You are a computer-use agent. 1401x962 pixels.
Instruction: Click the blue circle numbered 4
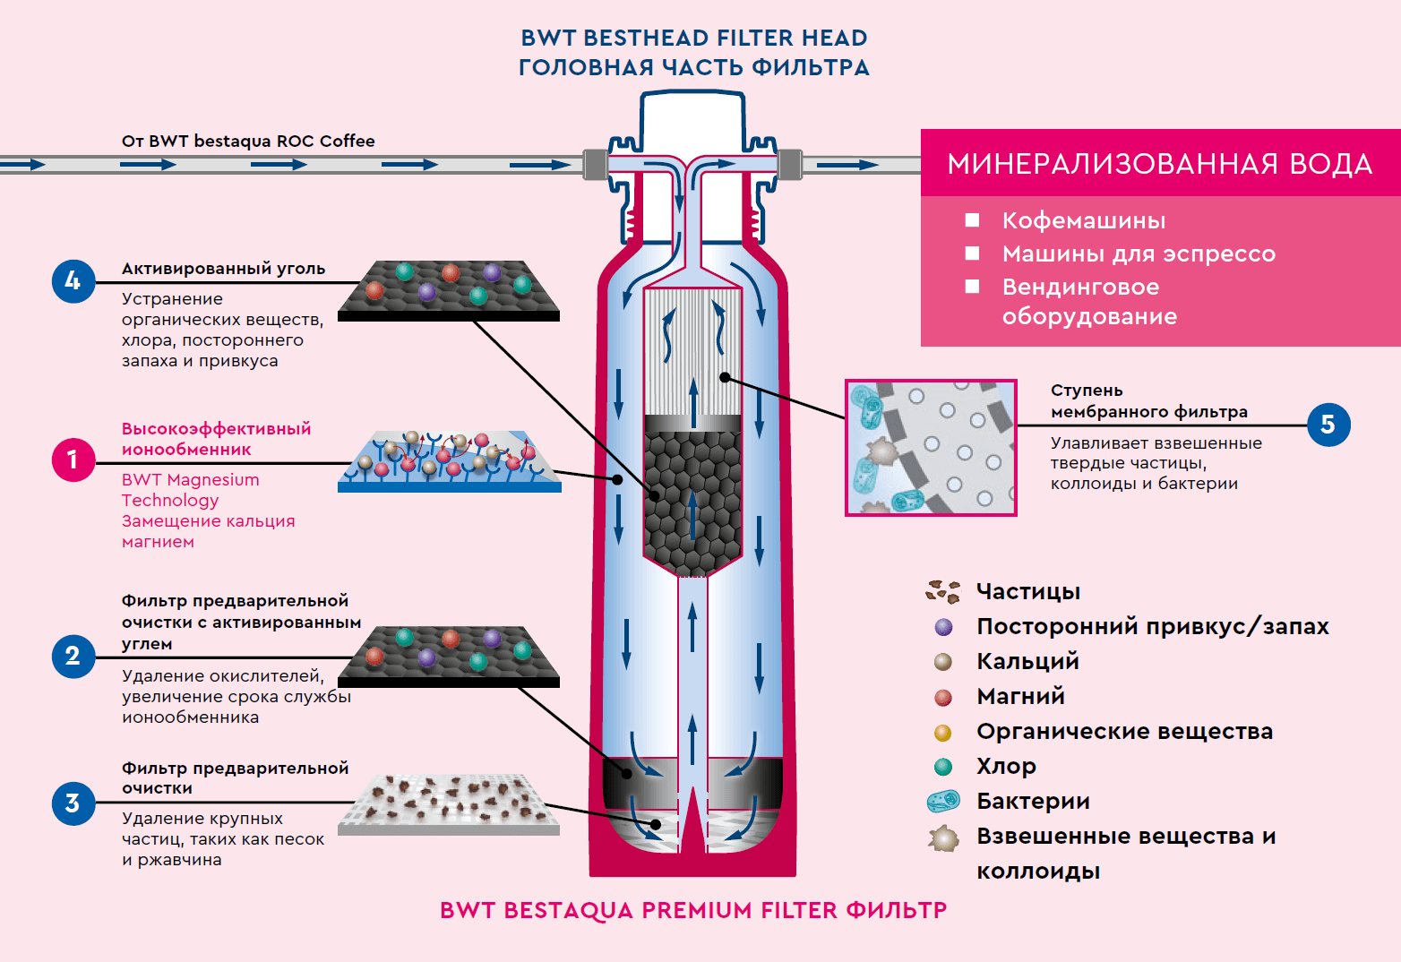click(x=73, y=281)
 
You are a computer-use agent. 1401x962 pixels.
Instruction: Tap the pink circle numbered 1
click(x=73, y=460)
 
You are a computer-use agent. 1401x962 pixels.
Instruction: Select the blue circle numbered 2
click(x=73, y=656)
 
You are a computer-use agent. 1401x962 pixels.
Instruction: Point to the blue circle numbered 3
click(x=73, y=803)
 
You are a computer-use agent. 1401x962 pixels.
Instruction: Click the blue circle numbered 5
click(x=1328, y=425)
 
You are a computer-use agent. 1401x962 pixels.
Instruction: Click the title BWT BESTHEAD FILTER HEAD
click(x=694, y=38)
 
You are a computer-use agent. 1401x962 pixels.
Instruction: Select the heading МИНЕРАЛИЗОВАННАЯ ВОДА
click(x=1160, y=164)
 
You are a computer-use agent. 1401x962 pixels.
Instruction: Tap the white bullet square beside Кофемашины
click(x=972, y=220)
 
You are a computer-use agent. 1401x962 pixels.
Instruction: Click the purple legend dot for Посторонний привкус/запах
click(x=943, y=627)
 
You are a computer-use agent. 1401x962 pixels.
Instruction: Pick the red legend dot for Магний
click(x=943, y=697)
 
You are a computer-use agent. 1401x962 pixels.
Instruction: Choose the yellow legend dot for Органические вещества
click(x=943, y=733)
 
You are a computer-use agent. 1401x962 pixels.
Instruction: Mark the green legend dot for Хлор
click(x=943, y=767)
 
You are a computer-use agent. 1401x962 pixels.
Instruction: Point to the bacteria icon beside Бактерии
click(x=943, y=801)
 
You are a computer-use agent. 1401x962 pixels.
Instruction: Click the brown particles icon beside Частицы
click(x=943, y=591)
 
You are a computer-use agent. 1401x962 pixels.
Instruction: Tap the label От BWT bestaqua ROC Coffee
click(x=248, y=141)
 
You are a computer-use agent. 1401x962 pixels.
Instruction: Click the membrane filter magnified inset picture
click(x=931, y=447)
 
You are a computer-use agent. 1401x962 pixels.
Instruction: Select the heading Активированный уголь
click(x=223, y=269)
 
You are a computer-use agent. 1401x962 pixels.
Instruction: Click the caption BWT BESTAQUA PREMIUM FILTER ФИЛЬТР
click(x=693, y=910)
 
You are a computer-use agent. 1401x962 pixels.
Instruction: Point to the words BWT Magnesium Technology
click(x=190, y=490)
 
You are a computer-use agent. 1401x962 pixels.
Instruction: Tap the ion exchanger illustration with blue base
click(x=450, y=461)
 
